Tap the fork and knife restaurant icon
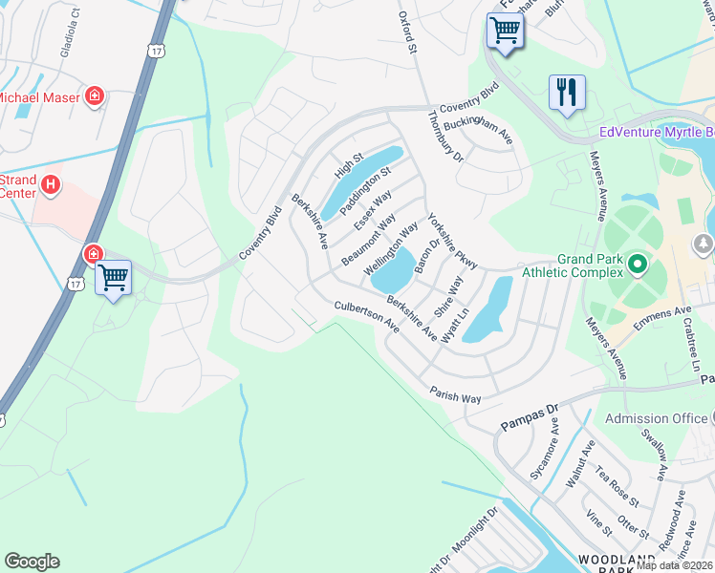tap(567, 93)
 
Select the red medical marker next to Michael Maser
tap(95, 95)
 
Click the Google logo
tap(32, 562)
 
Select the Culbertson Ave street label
tap(366, 316)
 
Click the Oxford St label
tap(409, 32)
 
